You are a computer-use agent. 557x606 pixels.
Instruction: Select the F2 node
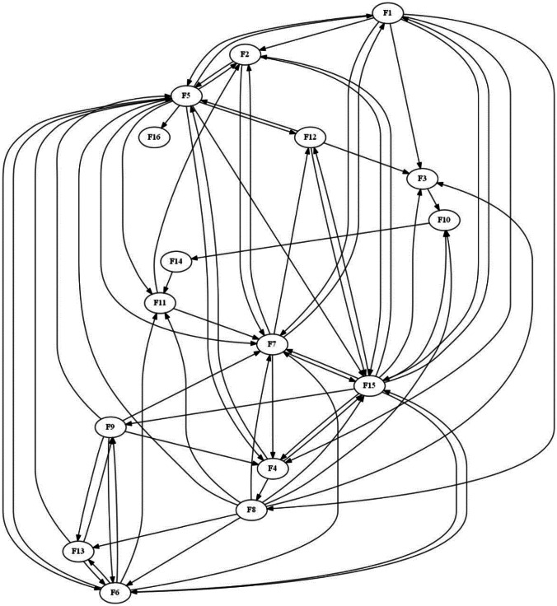245,54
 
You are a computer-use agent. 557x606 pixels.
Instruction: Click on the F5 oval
187,96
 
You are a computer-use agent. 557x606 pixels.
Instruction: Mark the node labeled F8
253,511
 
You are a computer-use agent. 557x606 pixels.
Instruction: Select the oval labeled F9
110,427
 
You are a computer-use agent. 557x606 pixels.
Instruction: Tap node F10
444,221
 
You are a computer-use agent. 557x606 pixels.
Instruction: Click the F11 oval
160,303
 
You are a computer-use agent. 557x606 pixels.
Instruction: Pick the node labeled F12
311,137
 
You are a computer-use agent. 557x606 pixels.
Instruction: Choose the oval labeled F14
176,262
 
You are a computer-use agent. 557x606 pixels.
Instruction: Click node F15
368,385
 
